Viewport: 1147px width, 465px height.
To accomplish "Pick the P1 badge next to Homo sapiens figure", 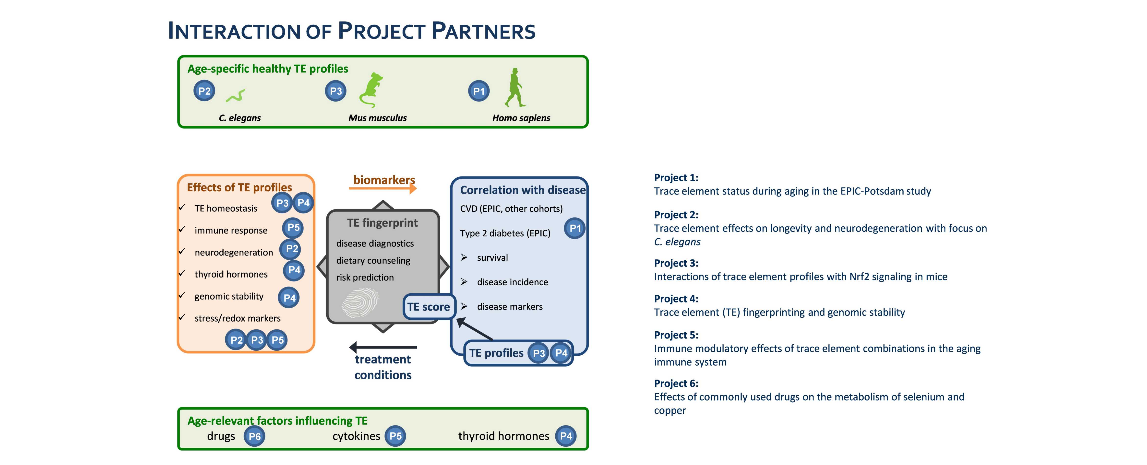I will pyautogui.click(x=479, y=91).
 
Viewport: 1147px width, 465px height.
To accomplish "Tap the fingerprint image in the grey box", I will pyautogui.click(x=360, y=302).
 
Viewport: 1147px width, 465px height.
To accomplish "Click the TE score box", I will pyautogui.click(x=428, y=307).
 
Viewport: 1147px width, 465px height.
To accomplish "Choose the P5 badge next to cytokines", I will pyautogui.click(x=395, y=436).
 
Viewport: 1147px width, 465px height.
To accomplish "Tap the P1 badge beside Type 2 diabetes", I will pyautogui.click(x=575, y=228).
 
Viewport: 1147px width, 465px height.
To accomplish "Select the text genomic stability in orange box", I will pyautogui.click(x=229, y=296).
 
